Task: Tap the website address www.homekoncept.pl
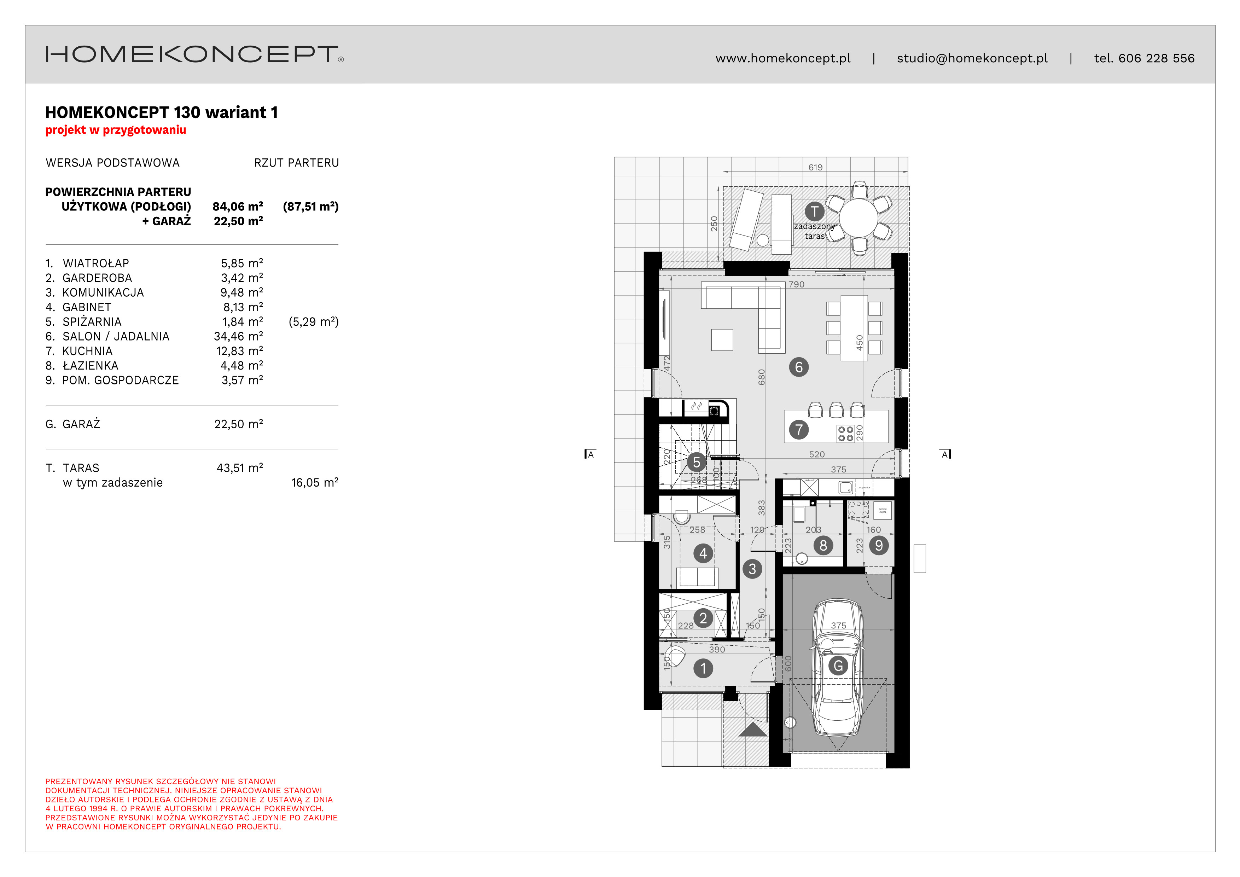[782, 58]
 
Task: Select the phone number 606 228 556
[1156, 58]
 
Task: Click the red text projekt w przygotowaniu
[116, 130]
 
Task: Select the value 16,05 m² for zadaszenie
[314, 483]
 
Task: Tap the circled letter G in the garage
[838, 666]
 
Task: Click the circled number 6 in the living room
[799, 367]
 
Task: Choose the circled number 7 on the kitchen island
[799, 430]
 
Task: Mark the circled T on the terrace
[814, 212]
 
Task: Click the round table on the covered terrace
[859, 217]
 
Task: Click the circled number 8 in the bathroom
[823, 545]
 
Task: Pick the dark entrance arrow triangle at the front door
[753, 730]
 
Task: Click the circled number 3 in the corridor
[752, 569]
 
